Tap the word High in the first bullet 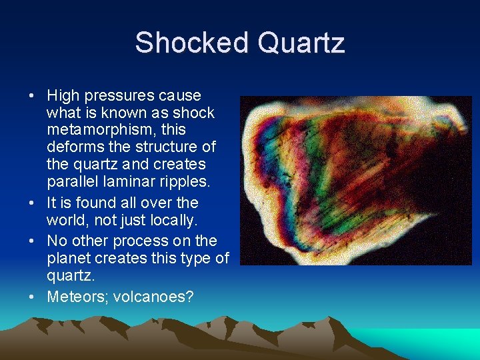click(63, 96)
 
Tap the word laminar click(128, 181)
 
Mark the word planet click(69, 259)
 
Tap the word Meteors click(74, 296)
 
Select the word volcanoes click(153, 296)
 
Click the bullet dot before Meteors click(32, 297)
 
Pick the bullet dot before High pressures click(32, 97)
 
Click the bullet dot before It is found click(32, 203)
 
